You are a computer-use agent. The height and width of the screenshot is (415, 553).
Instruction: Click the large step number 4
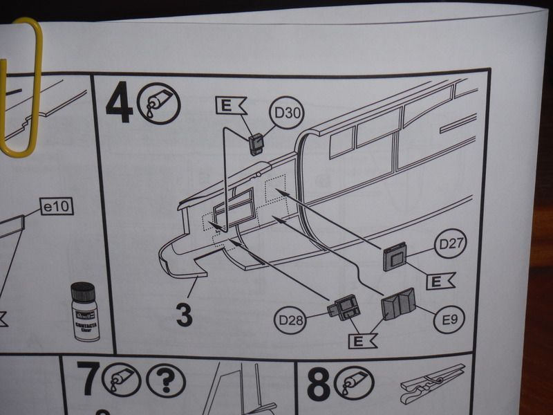coord(119,102)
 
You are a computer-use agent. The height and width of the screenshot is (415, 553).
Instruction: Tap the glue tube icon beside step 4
coord(159,104)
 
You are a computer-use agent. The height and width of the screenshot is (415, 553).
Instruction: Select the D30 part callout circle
coord(288,113)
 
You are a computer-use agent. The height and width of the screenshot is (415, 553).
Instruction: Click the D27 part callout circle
coord(451,244)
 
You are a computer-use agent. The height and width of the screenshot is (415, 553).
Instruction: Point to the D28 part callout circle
coord(291,320)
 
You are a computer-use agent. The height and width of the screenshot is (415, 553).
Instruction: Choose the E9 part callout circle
coord(449,320)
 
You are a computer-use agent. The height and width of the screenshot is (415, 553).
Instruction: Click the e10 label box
coord(57,207)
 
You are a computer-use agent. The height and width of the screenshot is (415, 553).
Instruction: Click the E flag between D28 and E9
coord(362,341)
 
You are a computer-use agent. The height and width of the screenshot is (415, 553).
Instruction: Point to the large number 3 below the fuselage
coord(184,315)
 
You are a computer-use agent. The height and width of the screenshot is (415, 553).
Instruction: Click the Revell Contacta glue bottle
coord(84,311)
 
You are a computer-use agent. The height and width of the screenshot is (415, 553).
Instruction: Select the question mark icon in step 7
coord(165,380)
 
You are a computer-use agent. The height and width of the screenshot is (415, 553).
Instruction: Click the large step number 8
coord(319,385)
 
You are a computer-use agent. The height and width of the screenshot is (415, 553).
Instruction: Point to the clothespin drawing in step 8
coord(433,384)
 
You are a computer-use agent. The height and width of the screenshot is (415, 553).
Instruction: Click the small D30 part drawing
coord(255,144)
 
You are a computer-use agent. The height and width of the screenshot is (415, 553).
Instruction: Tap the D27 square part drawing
coord(394,256)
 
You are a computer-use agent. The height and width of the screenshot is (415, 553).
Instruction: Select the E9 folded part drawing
coord(398,304)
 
